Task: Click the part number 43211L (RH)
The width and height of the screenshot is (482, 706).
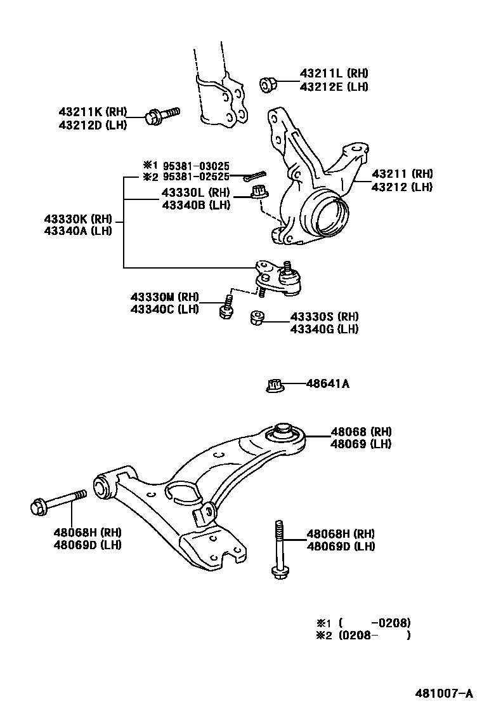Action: click(334, 74)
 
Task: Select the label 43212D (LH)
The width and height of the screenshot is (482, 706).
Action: click(93, 125)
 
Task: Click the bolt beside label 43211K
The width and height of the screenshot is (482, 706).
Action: click(162, 115)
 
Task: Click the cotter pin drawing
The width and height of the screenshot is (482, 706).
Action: click(250, 175)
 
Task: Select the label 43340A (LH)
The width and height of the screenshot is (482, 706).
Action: click(77, 231)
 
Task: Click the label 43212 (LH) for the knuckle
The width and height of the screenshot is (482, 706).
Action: click(402, 187)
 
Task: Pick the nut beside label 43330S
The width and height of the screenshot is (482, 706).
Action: click(257, 317)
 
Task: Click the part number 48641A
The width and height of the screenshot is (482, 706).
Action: click(328, 384)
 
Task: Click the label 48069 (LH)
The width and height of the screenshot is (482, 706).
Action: click(361, 444)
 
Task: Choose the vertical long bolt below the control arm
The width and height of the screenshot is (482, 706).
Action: click(279, 550)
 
